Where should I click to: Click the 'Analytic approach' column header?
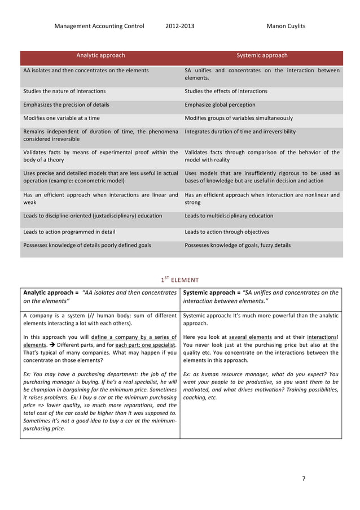tap(100, 56)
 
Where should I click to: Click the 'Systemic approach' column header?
tap(262, 56)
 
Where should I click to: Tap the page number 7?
tap(303, 478)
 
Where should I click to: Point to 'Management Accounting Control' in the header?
tap(99, 26)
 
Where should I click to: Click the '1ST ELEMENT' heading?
tap(181, 278)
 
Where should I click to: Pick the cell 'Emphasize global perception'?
tap(219, 104)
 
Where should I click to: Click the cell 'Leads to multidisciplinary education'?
tap(229, 216)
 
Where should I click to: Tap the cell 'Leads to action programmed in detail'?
tap(71, 232)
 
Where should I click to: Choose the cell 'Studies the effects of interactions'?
tap(226, 91)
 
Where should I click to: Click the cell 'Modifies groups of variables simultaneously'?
tap(239, 118)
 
